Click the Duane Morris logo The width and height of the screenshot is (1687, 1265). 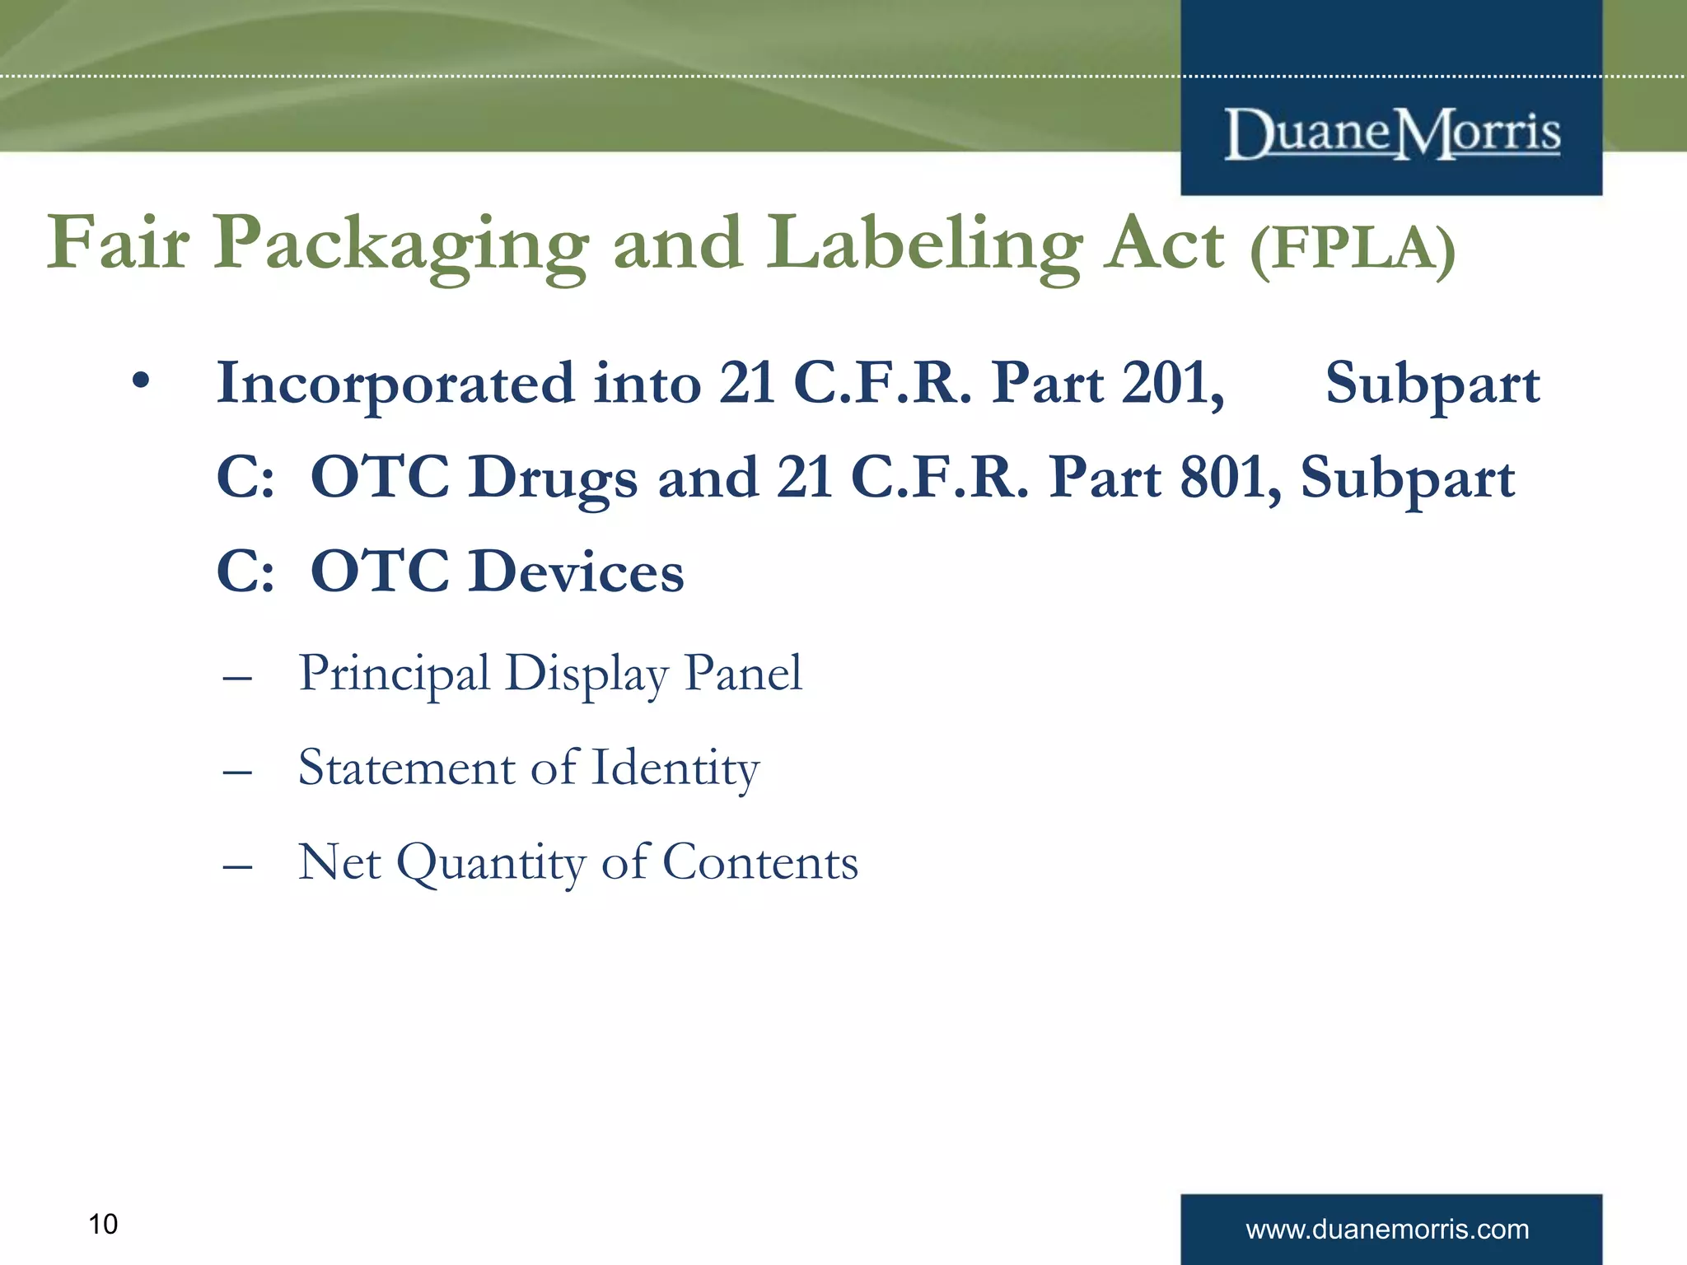1392,133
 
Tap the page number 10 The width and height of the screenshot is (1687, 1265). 103,1225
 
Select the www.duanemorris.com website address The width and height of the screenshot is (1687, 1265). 1387,1230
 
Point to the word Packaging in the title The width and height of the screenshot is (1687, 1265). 401,245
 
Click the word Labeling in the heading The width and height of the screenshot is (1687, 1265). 923,245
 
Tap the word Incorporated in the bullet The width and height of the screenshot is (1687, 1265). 395,384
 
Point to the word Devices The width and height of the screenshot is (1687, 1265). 576,572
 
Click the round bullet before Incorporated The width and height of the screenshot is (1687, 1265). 142,380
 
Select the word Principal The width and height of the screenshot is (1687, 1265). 394,675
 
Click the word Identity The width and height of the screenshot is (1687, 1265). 675,769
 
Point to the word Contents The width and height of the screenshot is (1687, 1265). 759,862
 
